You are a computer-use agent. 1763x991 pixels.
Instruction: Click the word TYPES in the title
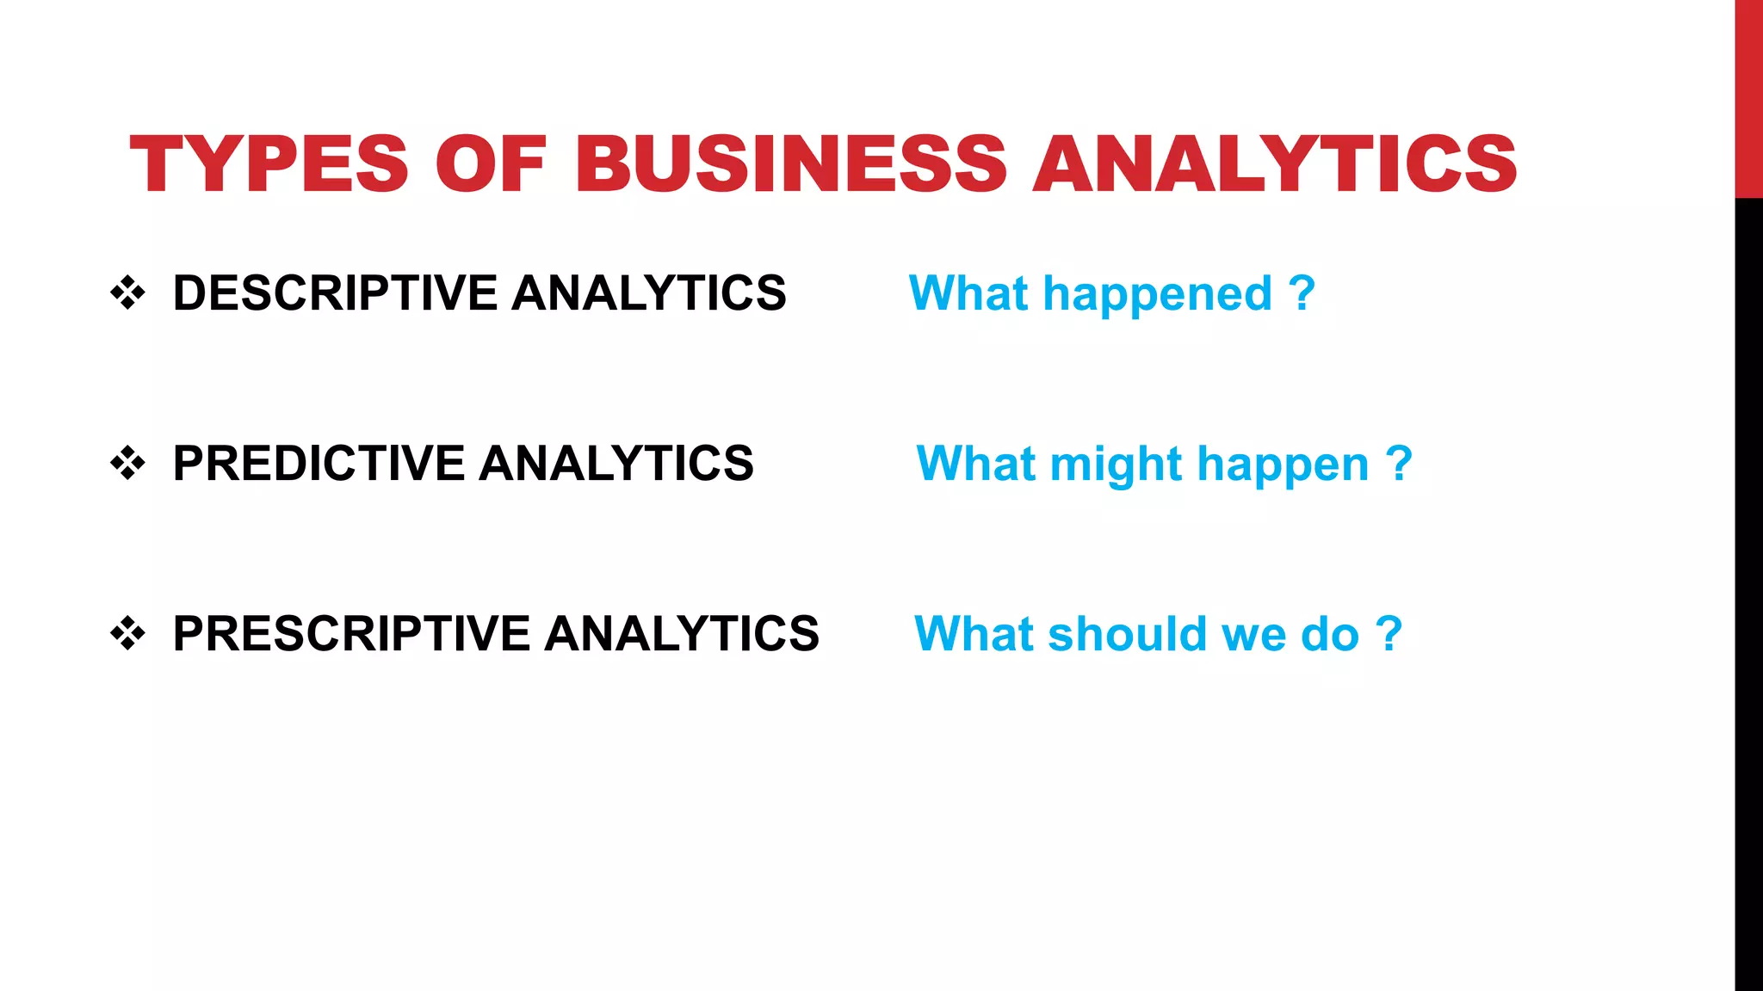coord(269,164)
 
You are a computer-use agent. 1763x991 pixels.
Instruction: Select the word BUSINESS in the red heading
coord(790,164)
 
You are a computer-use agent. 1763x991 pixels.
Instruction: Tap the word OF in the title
coord(491,164)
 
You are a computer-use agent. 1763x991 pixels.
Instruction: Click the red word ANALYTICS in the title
coord(1274,164)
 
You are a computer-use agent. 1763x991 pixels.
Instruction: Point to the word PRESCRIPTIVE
coord(352,634)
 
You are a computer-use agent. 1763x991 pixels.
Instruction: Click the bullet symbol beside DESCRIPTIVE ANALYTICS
coord(127,293)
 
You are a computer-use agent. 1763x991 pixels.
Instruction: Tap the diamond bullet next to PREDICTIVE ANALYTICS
coord(127,464)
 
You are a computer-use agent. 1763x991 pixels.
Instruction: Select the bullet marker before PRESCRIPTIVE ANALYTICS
coord(127,634)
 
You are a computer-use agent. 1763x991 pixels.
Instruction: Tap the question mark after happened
coord(1302,293)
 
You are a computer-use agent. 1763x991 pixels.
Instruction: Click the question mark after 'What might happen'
coord(1399,464)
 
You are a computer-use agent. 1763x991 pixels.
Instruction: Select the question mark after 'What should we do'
coord(1389,634)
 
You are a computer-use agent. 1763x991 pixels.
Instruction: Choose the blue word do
coord(1330,634)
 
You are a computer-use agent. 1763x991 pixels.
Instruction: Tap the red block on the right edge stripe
coord(1748,99)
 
